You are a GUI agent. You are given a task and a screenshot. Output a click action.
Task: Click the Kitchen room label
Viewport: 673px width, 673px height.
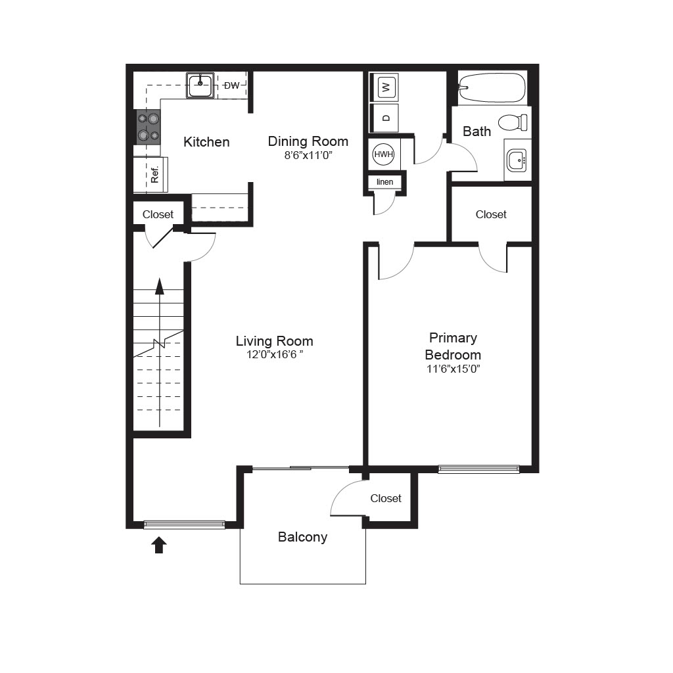(206, 142)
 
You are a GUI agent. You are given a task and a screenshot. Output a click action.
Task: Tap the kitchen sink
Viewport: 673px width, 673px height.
(200, 85)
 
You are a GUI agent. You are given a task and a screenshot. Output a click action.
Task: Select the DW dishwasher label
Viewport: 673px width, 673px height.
(232, 85)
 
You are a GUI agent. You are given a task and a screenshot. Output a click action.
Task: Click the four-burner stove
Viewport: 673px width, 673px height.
(149, 127)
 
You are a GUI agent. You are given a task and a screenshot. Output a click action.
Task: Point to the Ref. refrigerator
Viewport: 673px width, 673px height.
(151, 174)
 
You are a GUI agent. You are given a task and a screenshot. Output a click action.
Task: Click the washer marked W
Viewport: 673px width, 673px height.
(385, 87)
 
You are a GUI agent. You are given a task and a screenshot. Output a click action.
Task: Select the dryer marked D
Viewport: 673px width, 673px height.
(385, 118)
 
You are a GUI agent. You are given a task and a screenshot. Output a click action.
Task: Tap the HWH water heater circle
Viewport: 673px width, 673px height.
(383, 154)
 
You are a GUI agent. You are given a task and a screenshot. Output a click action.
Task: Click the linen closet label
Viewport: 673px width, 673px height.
(384, 182)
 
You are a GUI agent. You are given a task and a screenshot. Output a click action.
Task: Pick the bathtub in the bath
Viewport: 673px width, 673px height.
(492, 87)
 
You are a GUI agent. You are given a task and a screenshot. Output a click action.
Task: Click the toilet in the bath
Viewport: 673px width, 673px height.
(513, 122)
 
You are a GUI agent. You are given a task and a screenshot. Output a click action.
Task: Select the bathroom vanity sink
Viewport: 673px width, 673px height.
(517, 160)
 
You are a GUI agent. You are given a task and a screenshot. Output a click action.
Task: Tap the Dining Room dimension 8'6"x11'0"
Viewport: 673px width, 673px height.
(308, 155)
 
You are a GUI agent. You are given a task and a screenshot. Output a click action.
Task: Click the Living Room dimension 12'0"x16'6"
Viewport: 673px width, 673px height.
(275, 354)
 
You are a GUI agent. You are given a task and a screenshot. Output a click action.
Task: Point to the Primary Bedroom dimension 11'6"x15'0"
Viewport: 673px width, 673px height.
(453, 369)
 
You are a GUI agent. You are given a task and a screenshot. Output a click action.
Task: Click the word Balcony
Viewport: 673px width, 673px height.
(302, 537)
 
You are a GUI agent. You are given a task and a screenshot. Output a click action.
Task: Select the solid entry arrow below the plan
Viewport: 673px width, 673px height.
(159, 545)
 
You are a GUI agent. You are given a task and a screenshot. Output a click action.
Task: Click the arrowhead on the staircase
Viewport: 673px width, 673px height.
(160, 286)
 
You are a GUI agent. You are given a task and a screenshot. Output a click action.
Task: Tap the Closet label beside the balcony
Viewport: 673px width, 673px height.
(385, 498)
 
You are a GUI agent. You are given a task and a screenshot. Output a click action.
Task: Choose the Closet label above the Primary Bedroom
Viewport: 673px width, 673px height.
(491, 214)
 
